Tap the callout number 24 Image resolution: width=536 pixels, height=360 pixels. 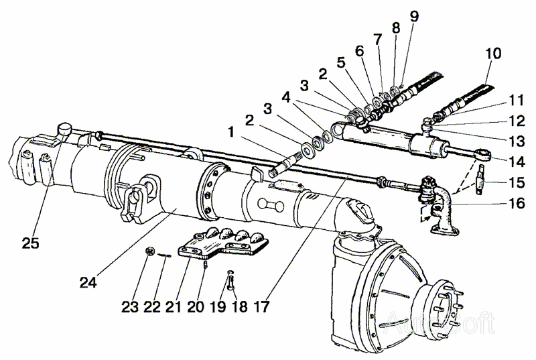88,282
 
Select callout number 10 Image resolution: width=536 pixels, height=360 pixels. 494,53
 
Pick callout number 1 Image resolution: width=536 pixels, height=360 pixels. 230,133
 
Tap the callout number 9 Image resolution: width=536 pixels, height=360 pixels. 415,15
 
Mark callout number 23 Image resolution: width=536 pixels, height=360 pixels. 131,307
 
